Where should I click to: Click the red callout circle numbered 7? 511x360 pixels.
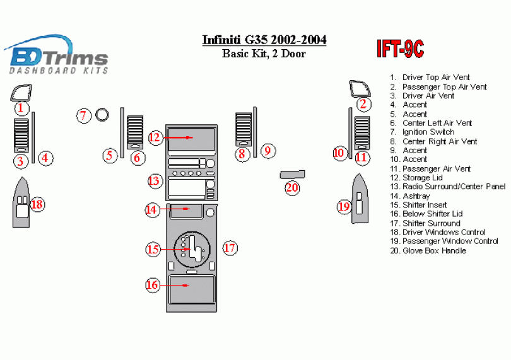tap(84, 115)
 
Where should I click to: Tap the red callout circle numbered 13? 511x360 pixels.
tap(155, 181)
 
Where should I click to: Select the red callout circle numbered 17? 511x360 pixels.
tap(229, 248)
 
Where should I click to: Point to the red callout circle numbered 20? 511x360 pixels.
tap(291, 187)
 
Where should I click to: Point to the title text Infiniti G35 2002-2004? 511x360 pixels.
tap(264, 40)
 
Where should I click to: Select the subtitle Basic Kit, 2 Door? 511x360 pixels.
tap(264, 54)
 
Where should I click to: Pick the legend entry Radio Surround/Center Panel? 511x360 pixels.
tap(453, 187)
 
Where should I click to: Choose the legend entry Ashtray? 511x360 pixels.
tap(416, 196)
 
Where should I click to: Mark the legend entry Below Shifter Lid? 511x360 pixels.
tap(432, 214)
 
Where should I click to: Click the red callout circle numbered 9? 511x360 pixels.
tap(267, 151)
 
